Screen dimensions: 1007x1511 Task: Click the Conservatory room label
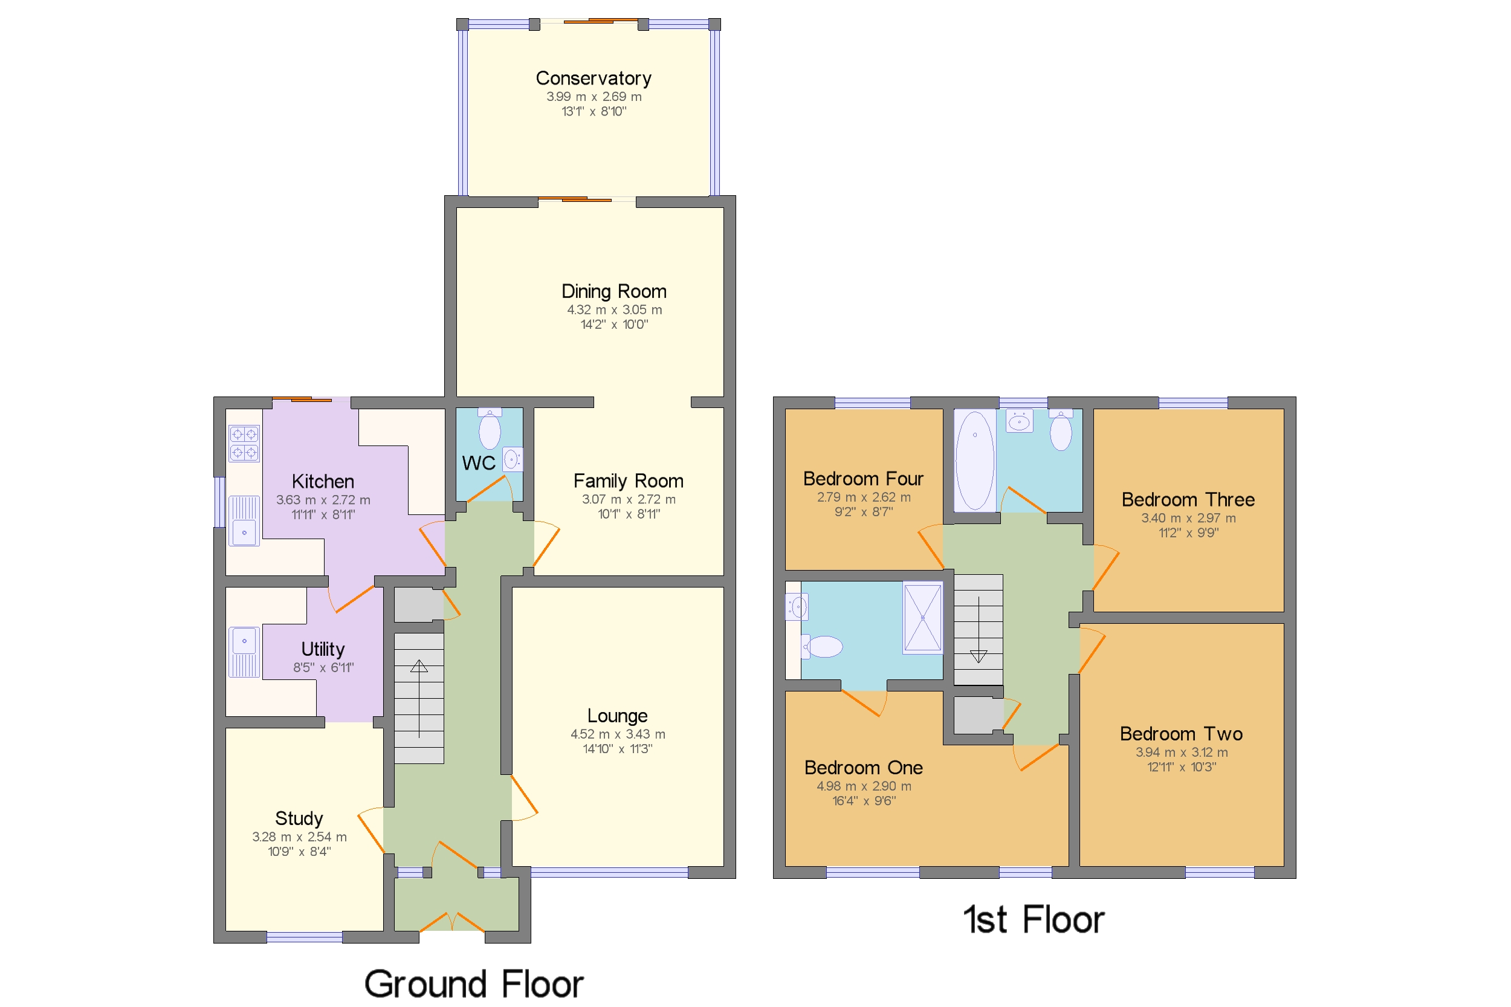593,79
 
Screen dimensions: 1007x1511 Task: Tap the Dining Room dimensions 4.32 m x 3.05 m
613,309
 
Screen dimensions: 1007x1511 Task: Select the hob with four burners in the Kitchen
244,443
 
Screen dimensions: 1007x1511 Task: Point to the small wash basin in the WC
512,459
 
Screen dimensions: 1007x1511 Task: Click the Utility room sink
244,651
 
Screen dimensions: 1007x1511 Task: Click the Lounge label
616,716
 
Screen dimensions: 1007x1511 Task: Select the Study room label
299,818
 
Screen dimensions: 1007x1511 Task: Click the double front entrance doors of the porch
452,922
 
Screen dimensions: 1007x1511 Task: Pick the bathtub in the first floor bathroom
974,460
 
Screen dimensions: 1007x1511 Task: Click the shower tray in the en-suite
922,618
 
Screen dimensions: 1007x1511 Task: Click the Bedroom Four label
862,479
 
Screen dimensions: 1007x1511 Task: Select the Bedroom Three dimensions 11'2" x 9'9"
1188,533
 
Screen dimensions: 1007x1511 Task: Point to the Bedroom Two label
1180,733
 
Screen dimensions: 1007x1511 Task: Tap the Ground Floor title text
473,983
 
